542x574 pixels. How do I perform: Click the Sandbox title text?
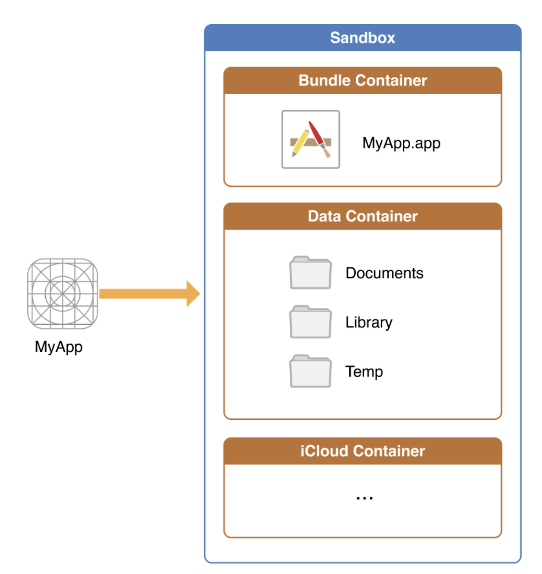(x=362, y=38)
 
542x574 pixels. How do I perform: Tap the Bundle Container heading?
(x=362, y=80)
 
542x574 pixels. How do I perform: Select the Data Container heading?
(x=362, y=216)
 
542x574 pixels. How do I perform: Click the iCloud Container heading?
(x=362, y=451)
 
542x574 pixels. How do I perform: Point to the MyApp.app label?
(x=401, y=144)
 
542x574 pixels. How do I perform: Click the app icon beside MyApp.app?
(x=310, y=139)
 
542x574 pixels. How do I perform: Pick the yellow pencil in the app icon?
(x=300, y=143)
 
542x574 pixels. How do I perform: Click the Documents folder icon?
(x=310, y=272)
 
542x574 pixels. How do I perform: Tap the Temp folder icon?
(x=310, y=371)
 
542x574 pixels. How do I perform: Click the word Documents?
(x=384, y=273)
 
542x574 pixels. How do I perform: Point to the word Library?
(x=369, y=323)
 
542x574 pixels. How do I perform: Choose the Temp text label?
(x=364, y=372)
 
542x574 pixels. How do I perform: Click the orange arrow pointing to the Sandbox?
(x=149, y=293)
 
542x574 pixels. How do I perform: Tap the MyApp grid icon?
(x=62, y=293)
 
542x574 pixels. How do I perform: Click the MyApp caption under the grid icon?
(x=58, y=348)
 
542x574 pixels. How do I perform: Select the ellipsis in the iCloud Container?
(x=364, y=498)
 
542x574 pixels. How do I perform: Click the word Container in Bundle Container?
(x=391, y=80)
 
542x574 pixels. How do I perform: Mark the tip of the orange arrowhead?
(x=200, y=293)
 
